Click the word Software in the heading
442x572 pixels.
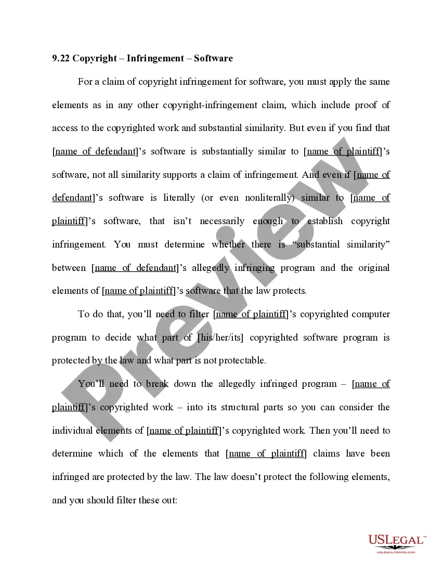213,58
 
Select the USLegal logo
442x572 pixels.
397,542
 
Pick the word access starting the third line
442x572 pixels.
64,128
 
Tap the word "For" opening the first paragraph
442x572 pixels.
85,82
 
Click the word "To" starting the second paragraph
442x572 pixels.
84,314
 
